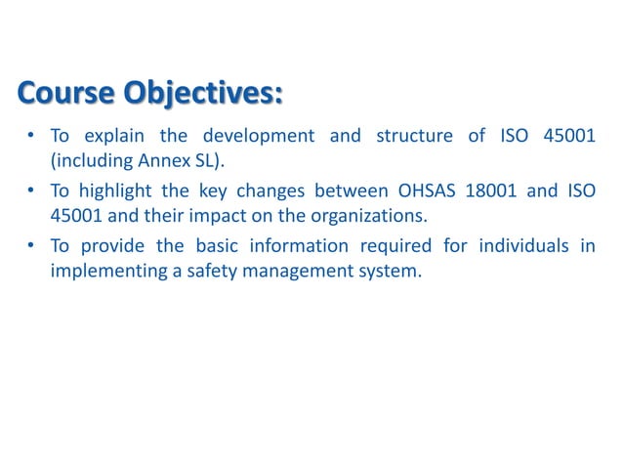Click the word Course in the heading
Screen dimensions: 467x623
click(x=63, y=95)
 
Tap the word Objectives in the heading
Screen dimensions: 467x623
click(x=202, y=95)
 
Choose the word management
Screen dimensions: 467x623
click(x=294, y=270)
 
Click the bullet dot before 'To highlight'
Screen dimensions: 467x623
click(x=31, y=191)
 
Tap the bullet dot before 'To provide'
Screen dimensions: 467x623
click(x=31, y=247)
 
